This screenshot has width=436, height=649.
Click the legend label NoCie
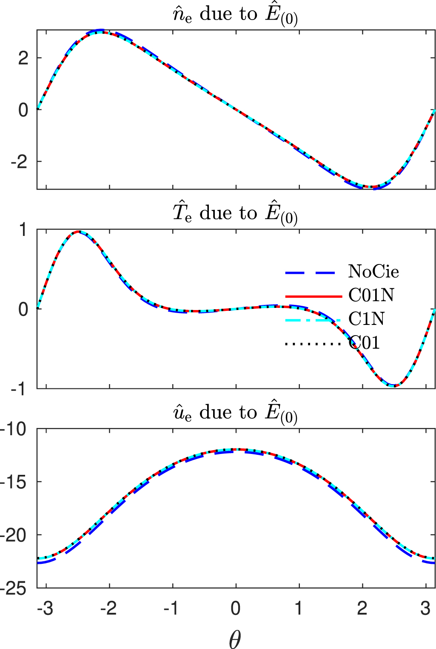[373, 272]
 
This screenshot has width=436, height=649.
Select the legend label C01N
[371, 295]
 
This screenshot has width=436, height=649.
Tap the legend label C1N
[366, 319]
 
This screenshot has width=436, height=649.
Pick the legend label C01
[364, 342]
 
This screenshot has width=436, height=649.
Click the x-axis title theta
[235, 639]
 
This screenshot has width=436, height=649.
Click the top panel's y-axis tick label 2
[23, 58]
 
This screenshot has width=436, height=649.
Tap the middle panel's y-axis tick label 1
[23, 230]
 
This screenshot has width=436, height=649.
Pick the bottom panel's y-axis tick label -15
[14, 482]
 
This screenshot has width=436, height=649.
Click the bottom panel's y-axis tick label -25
[14, 589]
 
